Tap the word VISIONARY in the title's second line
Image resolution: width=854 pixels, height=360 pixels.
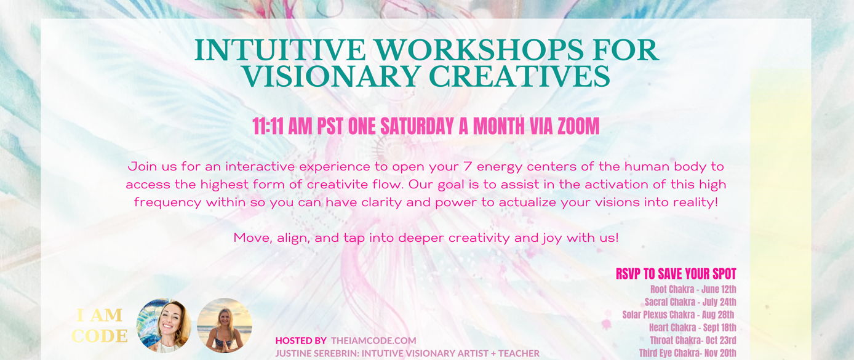point(331,76)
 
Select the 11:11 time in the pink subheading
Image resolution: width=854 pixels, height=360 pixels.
point(268,126)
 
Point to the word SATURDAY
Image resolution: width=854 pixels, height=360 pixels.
point(417,126)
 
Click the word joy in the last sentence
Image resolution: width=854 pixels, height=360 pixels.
point(552,239)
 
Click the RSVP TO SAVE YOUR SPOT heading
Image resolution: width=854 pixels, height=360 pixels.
point(676,274)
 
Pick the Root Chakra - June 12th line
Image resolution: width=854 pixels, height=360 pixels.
point(693,289)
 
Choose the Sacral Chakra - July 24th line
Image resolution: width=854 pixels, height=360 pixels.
point(690,302)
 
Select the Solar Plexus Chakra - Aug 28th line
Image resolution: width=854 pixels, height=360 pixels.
point(678,314)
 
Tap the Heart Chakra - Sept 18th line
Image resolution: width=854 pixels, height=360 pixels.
point(693,327)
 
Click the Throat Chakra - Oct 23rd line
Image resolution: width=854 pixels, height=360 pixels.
point(693,340)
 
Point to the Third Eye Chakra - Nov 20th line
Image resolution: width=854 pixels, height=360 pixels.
point(688,353)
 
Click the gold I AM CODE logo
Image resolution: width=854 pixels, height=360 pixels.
point(100,326)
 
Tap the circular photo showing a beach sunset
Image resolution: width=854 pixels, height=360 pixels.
point(224,326)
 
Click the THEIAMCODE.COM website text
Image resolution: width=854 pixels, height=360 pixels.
point(373,340)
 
